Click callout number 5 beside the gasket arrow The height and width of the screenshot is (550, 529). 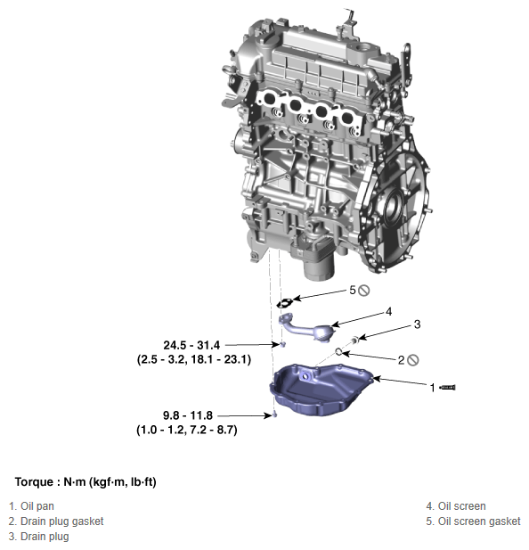pos(353,291)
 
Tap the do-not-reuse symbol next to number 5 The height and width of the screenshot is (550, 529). pos(365,291)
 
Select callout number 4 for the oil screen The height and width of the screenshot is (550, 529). pos(389,311)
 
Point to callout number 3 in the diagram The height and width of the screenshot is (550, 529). pos(416,324)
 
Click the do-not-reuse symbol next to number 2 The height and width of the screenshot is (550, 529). pos(414,360)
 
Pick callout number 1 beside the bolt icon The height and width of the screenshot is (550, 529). pos(433,388)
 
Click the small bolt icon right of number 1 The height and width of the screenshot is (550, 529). pos(449,388)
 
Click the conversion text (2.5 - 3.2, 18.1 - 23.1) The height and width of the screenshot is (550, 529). pos(193,359)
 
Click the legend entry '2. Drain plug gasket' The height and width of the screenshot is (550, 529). pos(56,521)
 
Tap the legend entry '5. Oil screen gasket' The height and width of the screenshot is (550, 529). pos(473,521)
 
